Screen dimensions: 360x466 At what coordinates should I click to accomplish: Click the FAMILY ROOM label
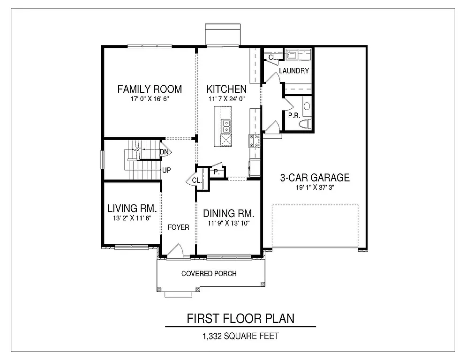(150, 89)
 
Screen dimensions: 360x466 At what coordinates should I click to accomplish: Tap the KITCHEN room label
(227, 89)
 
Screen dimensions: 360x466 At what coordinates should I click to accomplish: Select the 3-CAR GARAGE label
(315, 178)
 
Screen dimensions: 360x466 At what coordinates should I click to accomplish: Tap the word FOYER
(179, 227)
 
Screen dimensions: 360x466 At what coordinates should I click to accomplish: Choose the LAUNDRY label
(294, 71)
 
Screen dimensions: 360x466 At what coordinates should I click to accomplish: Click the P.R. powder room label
(294, 115)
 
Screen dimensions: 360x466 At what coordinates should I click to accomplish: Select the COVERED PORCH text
(209, 274)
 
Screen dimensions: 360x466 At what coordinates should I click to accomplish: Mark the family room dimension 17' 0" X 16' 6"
(150, 100)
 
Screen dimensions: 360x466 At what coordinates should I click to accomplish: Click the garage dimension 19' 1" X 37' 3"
(315, 187)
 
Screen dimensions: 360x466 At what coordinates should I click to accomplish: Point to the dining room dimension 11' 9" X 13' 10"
(228, 224)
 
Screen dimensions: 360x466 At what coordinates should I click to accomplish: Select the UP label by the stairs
(166, 170)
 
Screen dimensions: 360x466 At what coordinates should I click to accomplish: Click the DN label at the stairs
(164, 152)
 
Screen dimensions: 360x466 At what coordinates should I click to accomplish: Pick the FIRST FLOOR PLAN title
(241, 318)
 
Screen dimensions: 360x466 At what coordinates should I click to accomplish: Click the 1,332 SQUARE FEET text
(241, 336)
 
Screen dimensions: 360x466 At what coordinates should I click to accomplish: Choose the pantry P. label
(217, 172)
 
